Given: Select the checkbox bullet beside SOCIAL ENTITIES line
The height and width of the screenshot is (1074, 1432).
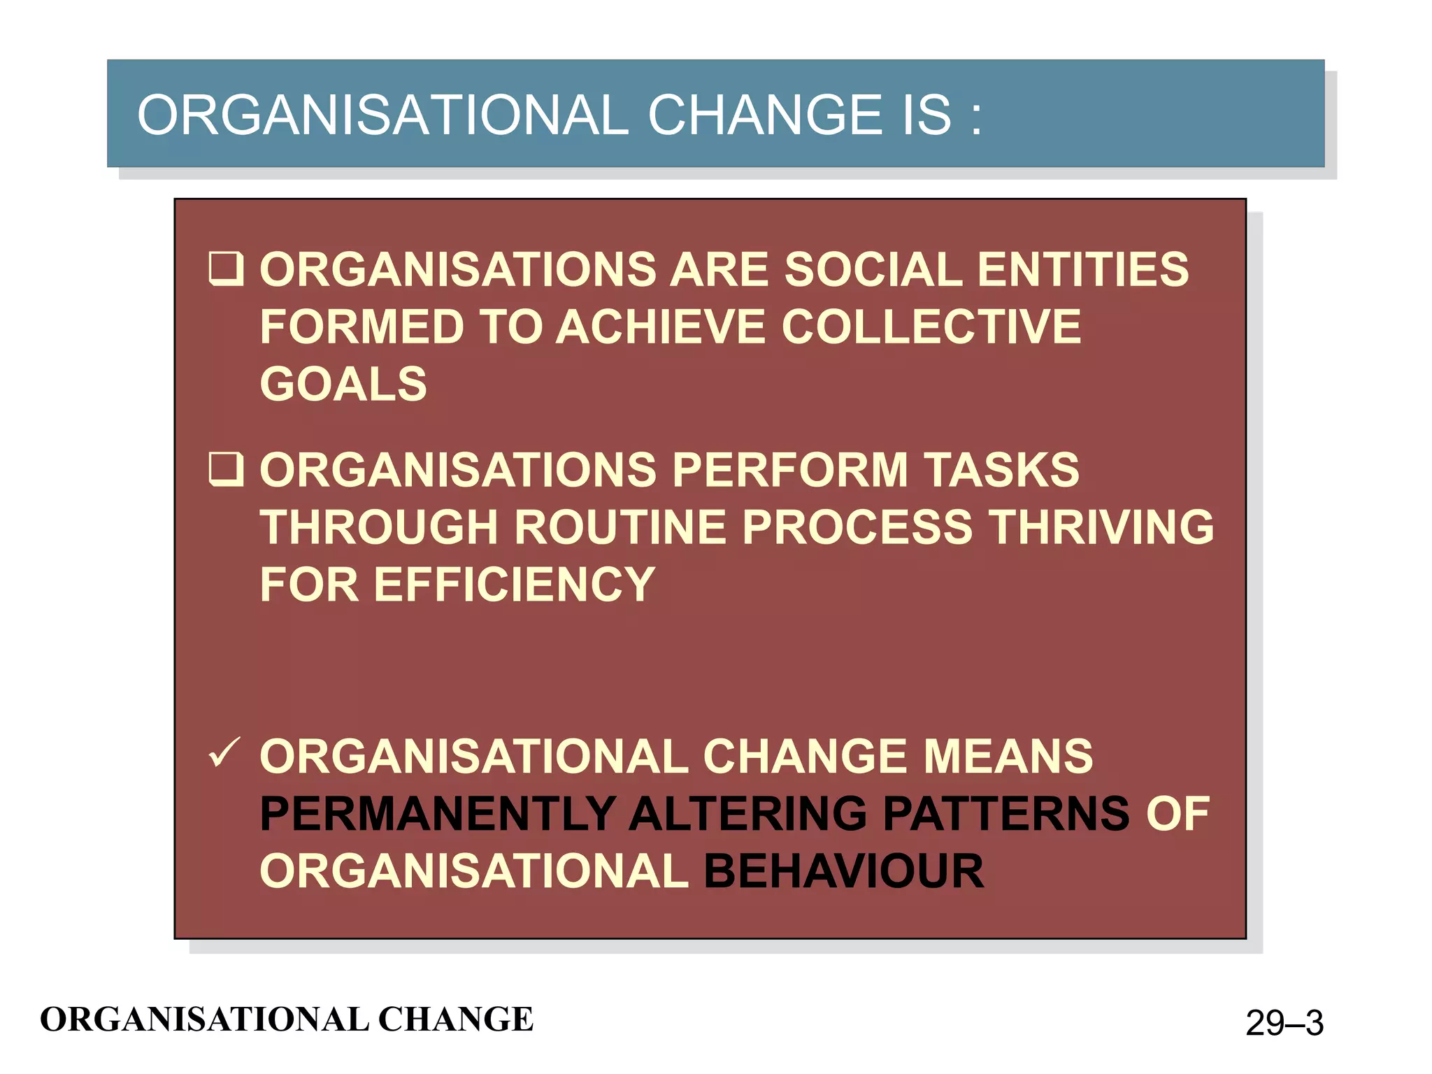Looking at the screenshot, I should pyautogui.click(x=226, y=269).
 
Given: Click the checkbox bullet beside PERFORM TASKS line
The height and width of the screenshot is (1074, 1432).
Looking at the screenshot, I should pyautogui.click(x=226, y=469).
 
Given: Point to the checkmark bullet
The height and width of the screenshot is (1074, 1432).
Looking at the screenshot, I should pyautogui.click(x=224, y=753).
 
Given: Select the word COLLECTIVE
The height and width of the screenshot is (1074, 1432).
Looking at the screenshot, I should pyautogui.click(x=931, y=327).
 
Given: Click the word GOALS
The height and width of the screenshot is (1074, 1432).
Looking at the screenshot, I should pyautogui.click(x=343, y=384).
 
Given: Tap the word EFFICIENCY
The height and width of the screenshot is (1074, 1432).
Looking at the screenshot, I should pyautogui.click(x=514, y=585).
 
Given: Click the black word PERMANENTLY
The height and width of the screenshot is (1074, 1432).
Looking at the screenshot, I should pyautogui.click(x=437, y=814).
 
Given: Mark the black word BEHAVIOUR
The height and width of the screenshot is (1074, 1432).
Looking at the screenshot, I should pyautogui.click(x=843, y=871).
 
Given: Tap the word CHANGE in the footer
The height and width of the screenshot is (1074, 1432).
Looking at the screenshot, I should pyautogui.click(x=455, y=1019).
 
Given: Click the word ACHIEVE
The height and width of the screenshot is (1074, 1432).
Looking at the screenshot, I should pyautogui.click(x=661, y=327).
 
